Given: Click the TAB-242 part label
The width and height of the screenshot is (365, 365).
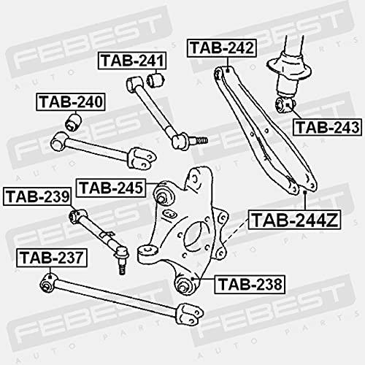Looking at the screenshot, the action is (x=222, y=48).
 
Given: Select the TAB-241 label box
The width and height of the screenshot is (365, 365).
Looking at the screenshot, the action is (x=132, y=61).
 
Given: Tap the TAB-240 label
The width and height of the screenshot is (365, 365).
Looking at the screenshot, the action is (x=71, y=102).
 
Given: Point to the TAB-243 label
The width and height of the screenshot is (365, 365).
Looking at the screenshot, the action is (x=328, y=127).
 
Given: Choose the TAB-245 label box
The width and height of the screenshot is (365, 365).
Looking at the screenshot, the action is (x=111, y=188).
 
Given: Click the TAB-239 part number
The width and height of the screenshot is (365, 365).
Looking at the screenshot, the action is (x=38, y=196).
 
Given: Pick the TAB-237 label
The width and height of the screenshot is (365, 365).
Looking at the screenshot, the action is (x=52, y=258).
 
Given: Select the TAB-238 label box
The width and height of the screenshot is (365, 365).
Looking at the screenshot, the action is (x=250, y=284).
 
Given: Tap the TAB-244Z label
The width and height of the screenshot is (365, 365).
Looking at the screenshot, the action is (x=295, y=220).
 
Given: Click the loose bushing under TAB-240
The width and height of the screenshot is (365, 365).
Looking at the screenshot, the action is (x=74, y=122).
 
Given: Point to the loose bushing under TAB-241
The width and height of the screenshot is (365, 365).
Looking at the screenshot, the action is (x=156, y=80).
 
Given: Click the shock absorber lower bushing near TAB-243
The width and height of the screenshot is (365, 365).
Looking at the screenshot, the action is (x=285, y=105).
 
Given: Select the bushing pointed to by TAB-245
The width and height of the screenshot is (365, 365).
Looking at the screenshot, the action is (x=164, y=194).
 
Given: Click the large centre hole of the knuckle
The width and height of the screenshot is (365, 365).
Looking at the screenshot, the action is (x=195, y=239).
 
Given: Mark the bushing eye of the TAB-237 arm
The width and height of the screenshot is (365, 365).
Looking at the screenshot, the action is (x=48, y=283).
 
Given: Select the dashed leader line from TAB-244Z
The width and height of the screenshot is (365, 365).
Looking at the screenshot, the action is (x=236, y=231).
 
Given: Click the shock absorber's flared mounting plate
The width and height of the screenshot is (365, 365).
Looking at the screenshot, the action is (x=289, y=68).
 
